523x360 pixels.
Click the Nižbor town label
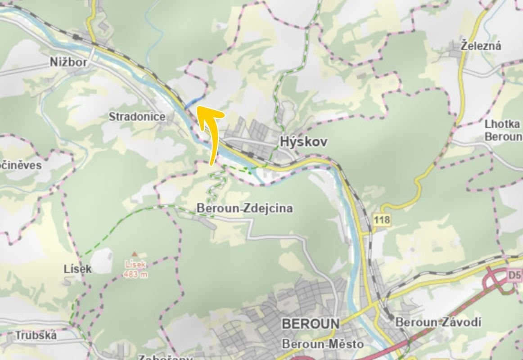(x=68, y=62)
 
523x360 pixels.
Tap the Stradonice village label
(x=137, y=117)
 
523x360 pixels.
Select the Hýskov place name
(x=303, y=141)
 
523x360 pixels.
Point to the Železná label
(x=481, y=45)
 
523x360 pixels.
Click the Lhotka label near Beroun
(x=502, y=124)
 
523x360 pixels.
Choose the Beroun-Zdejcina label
(x=244, y=208)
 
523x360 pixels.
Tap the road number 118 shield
(x=381, y=220)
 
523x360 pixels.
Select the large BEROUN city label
(x=310, y=324)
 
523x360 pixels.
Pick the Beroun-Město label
(x=322, y=344)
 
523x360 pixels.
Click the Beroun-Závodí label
(x=438, y=322)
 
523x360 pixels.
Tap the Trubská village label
(x=36, y=335)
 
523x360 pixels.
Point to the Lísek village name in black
(x=77, y=269)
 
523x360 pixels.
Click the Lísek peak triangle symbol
(x=134, y=254)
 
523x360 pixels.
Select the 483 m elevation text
(x=135, y=274)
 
